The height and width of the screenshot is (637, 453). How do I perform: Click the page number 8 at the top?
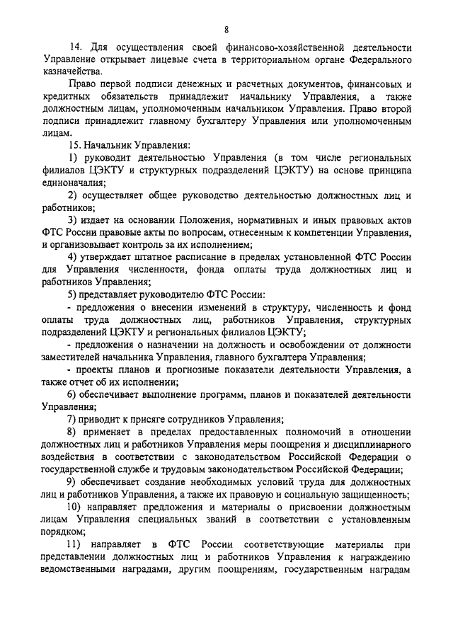tap(226, 29)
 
